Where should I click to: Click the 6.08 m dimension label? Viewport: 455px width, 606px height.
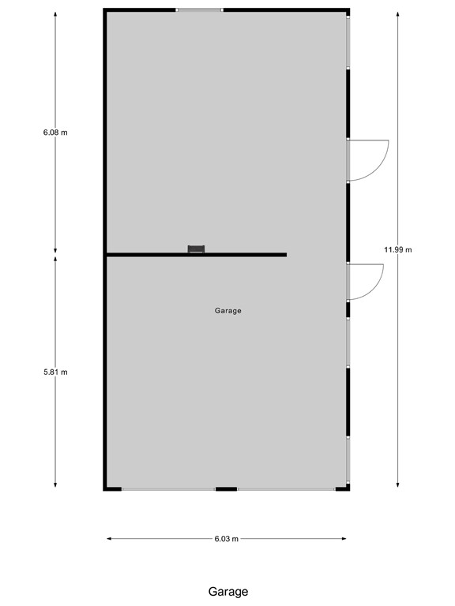tap(55, 133)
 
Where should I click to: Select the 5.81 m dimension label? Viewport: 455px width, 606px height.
tap(55, 372)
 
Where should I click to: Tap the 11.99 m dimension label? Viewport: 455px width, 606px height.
tap(398, 249)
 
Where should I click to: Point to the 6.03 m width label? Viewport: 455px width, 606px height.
tap(226, 539)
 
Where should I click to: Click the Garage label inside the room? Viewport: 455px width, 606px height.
tap(227, 311)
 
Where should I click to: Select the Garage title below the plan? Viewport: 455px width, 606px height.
tap(228, 591)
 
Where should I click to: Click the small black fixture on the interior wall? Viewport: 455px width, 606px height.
tap(196, 249)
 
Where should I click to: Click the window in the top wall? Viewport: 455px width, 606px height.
tap(199, 10)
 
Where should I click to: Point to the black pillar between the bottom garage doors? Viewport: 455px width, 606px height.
tap(227, 489)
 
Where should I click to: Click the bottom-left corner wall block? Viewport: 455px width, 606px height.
tap(112, 488)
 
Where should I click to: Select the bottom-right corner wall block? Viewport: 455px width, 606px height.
tap(343, 488)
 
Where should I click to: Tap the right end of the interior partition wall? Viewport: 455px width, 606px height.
tap(284, 255)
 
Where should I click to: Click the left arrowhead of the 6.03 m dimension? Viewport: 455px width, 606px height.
tap(109, 539)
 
